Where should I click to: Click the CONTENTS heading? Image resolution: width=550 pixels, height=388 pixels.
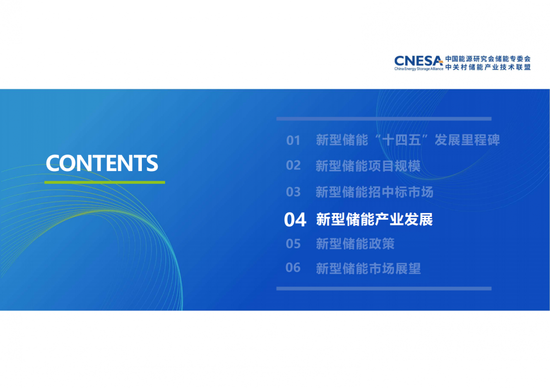click(102, 163)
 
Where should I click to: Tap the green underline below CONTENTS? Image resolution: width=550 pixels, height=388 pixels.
click(105, 182)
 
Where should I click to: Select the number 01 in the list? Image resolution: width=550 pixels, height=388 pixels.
click(293, 141)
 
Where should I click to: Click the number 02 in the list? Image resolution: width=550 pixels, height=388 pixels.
click(293, 165)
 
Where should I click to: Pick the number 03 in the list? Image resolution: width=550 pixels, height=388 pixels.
click(293, 192)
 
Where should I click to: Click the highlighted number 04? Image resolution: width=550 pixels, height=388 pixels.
click(295, 220)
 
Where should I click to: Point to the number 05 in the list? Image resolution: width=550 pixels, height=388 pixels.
click(293, 243)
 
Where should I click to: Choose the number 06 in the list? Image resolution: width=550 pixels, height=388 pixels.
click(293, 268)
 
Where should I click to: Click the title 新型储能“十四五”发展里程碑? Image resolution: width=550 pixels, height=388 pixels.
click(408, 140)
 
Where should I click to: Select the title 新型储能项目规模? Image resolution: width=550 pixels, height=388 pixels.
click(368, 166)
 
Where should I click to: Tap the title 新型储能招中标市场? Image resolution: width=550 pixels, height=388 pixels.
click(374, 192)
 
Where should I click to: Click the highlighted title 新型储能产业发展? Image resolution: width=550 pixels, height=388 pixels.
click(374, 219)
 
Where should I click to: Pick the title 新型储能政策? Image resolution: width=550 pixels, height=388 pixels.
click(355, 243)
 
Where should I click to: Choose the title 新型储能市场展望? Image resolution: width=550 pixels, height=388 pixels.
click(368, 268)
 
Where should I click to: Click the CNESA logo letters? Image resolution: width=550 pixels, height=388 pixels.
click(418, 61)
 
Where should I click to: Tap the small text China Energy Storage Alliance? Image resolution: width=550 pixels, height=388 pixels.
click(418, 69)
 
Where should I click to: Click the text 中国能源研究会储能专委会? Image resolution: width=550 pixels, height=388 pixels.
click(488, 59)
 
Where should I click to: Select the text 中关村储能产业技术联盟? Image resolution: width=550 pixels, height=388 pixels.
click(488, 67)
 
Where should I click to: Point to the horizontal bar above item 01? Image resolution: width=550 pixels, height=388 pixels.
click(384, 119)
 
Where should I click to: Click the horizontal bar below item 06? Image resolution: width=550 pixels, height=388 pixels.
click(384, 289)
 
